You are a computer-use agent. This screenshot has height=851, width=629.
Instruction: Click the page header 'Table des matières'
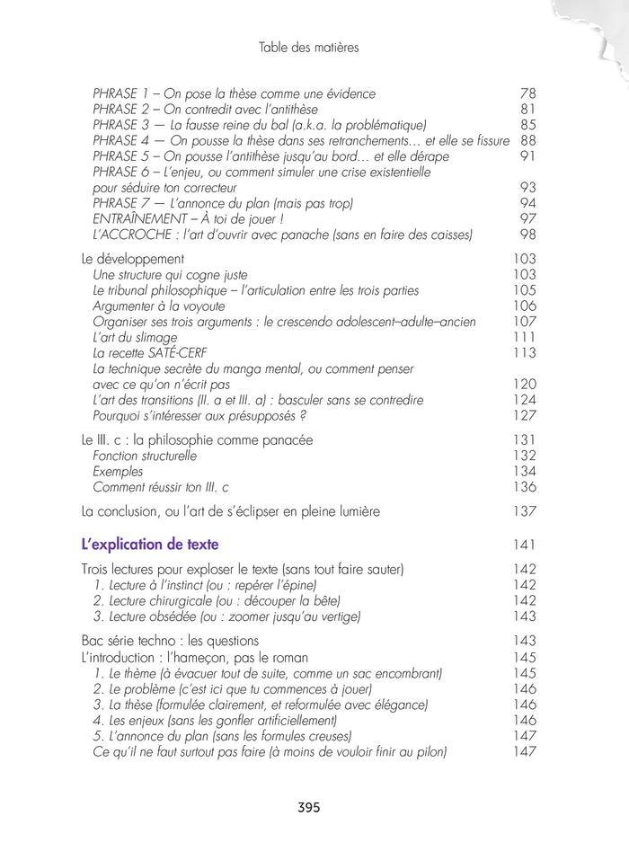coord(308,48)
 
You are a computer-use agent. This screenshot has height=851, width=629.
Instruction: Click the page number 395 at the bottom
coord(308,807)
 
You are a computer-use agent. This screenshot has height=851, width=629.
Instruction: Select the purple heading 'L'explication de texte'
coord(150,545)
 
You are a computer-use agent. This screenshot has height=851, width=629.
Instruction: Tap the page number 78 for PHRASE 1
coord(528,93)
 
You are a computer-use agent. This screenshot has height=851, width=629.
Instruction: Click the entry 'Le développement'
coord(132,259)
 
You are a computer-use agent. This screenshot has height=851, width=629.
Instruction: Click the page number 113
coord(524,353)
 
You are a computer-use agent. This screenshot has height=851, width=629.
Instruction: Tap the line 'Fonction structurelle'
coord(145,456)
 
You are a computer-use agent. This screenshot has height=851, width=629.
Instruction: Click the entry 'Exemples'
coord(118,472)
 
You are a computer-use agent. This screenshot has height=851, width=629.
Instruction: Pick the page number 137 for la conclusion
coord(524,511)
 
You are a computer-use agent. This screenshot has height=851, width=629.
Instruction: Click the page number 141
coord(524,545)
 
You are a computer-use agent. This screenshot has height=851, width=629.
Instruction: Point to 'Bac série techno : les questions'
coord(170,641)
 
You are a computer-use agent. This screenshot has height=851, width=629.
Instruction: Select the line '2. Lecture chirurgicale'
coord(217,600)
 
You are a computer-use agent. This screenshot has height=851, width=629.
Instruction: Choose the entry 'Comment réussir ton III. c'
coord(161,487)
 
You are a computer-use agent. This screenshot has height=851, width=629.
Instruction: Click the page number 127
coord(524,416)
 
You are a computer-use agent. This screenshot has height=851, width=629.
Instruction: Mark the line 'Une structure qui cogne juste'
coord(170,275)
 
